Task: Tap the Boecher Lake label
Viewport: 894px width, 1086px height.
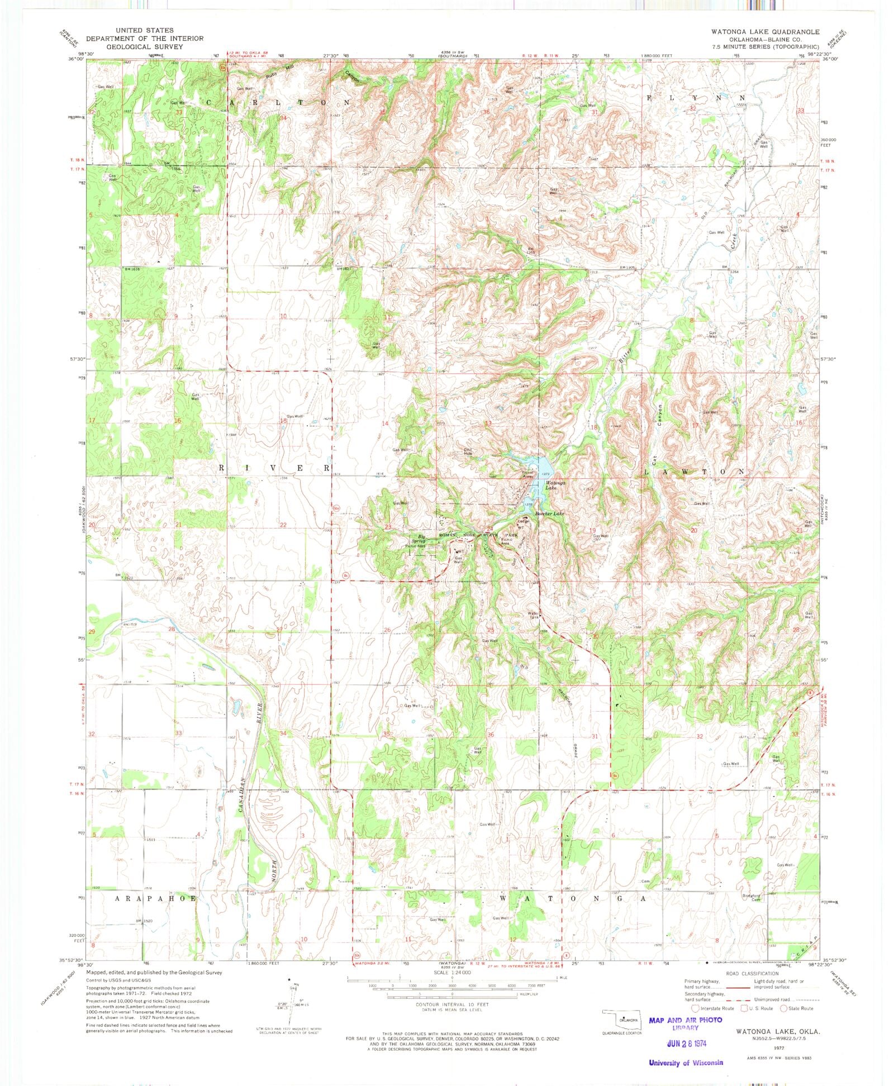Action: [x=550, y=513]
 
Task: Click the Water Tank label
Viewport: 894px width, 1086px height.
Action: [x=534, y=615]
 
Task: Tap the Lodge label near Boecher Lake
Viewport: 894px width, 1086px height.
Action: [x=521, y=521]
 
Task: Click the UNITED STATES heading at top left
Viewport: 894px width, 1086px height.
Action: [x=144, y=30]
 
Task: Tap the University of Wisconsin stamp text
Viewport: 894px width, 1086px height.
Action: [x=686, y=1063]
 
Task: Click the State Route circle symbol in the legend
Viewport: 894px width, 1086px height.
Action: [x=784, y=1008]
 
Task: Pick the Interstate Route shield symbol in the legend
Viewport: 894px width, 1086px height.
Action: [x=695, y=1008]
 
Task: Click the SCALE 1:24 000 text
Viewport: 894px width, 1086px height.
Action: [x=452, y=973]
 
